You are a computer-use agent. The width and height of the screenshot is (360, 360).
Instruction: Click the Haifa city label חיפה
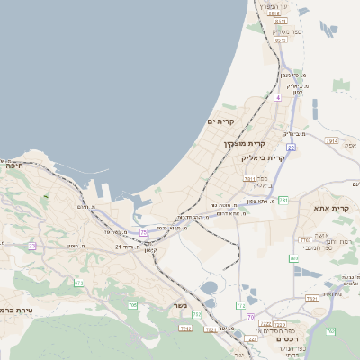[x=13, y=166]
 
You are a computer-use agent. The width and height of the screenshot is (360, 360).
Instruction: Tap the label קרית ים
[x=220, y=121]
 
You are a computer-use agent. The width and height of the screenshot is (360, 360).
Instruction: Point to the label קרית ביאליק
[x=264, y=157]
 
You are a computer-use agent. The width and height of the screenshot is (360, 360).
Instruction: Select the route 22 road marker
[x=291, y=147]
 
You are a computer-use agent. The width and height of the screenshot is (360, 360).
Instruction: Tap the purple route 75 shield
[x=143, y=233]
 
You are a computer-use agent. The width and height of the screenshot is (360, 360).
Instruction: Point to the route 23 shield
[x=32, y=245]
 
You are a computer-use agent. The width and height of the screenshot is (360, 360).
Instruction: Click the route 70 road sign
[x=250, y=317]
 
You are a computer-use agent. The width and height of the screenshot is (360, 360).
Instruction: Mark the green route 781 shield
[x=283, y=200]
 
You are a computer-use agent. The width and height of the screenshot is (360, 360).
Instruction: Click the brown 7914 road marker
[x=333, y=141]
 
